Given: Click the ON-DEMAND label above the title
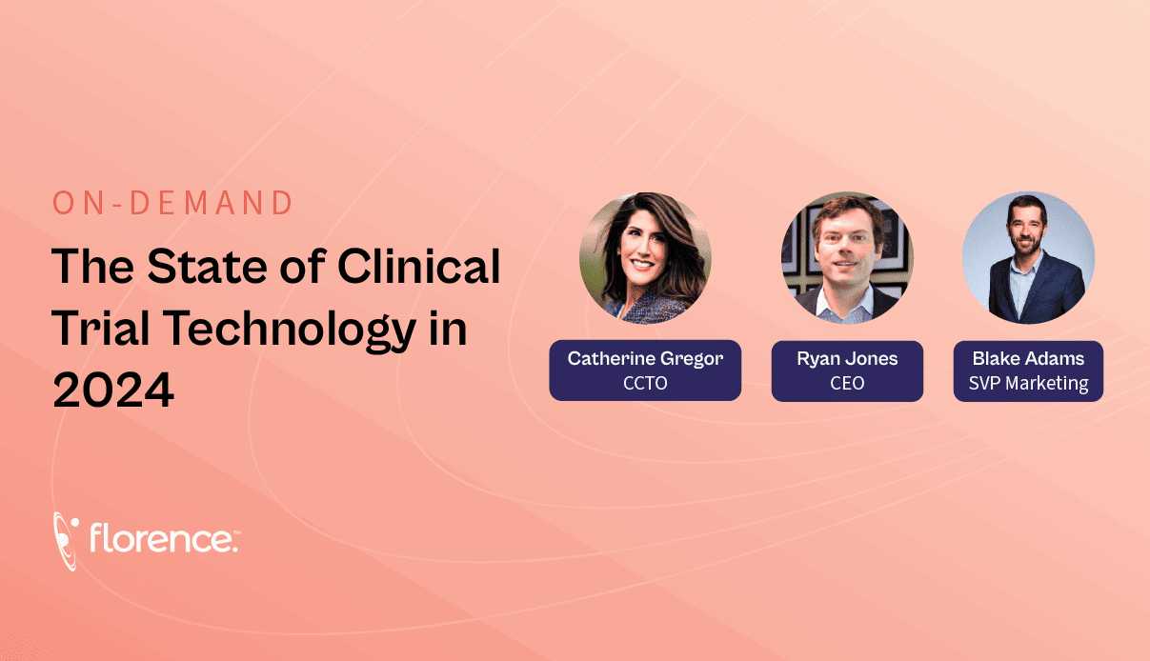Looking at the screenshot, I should click(x=172, y=204).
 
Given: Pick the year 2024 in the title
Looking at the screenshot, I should click(x=113, y=391).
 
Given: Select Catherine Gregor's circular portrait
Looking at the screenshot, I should click(x=645, y=258).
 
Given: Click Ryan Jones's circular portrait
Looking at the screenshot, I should click(x=847, y=258).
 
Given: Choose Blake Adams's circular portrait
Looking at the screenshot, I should click(x=1028, y=258).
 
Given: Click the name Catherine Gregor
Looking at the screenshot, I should click(x=645, y=359).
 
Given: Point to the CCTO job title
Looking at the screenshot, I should click(x=645, y=383).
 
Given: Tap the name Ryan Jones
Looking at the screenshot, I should click(x=847, y=359).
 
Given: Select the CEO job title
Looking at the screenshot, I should click(x=847, y=383).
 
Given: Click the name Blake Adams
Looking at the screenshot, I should click(x=1028, y=359).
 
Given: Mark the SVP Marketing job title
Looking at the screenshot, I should click(x=1028, y=383).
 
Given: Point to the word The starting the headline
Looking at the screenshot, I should click(x=92, y=267).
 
